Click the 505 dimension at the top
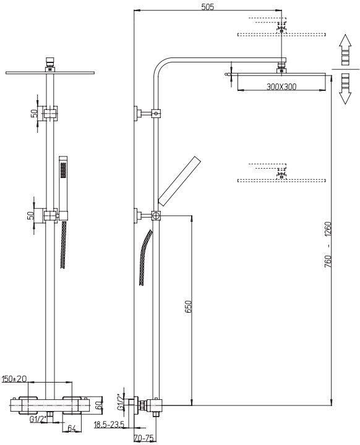[x=207, y=7]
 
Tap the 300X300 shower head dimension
[x=281, y=87]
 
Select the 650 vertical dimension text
[x=189, y=307]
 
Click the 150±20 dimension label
[x=14, y=379]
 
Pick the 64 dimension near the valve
[x=72, y=428]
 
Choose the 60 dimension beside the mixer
[x=98, y=405]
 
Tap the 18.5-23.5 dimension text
[x=109, y=425]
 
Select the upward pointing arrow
[x=345, y=50]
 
